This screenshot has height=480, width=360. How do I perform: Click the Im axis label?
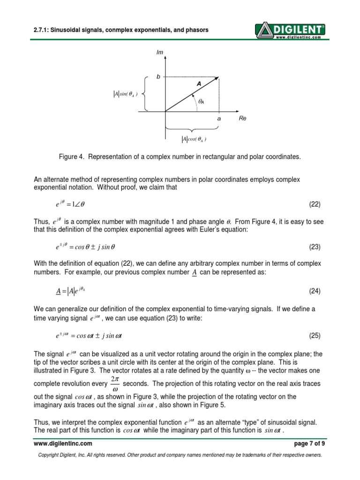[x=159, y=52]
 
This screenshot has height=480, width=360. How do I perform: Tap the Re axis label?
[x=242, y=119]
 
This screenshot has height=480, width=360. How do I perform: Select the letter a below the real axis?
[x=218, y=119]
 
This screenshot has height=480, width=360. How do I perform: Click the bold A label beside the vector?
[x=198, y=83]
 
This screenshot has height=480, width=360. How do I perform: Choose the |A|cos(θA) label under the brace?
[x=194, y=139]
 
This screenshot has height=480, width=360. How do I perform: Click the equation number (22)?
[x=314, y=204]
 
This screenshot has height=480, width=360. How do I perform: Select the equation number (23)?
[x=314, y=247]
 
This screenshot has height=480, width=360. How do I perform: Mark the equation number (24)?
[x=314, y=291]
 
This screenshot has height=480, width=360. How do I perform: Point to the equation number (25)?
[x=314, y=336]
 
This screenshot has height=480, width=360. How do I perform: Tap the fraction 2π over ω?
[x=115, y=383]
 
